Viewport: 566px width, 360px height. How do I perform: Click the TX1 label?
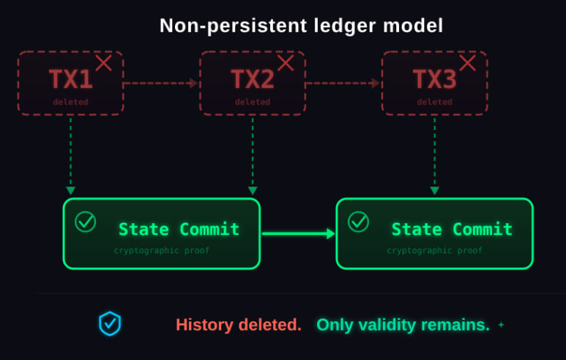[70, 78]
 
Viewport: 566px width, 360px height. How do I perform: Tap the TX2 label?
[253, 78]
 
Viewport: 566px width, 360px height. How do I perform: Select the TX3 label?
[434, 78]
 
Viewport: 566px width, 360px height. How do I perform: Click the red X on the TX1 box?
[103, 63]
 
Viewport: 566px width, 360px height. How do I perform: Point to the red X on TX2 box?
[285, 63]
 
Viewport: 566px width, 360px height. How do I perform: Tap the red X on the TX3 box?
[467, 63]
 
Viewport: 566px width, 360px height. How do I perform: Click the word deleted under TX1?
[70, 102]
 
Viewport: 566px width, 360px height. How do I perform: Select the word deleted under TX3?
[434, 102]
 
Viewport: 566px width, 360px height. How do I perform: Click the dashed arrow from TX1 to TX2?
[161, 83]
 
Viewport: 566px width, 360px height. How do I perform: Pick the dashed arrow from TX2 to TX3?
[343, 83]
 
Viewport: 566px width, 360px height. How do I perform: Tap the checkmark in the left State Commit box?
[86, 222]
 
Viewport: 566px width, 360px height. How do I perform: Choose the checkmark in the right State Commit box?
[358, 222]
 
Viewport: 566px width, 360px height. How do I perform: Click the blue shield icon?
[110, 323]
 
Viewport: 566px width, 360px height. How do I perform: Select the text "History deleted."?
[238, 325]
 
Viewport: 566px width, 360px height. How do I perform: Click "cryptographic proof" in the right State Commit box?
[434, 250]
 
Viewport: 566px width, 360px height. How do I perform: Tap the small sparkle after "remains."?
[501, 324]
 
